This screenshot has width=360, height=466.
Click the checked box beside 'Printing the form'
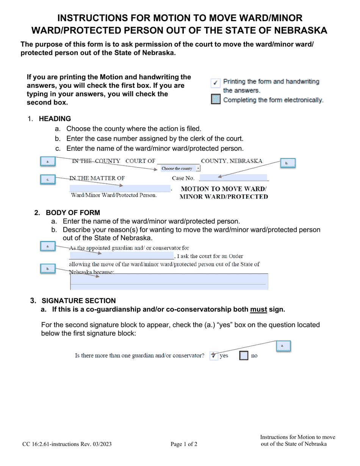tap(215, 83)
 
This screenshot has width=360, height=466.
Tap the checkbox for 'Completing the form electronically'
tap(215, 100)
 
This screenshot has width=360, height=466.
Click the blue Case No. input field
tap(233, 178)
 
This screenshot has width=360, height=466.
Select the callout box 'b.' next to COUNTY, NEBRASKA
tap(288, 163)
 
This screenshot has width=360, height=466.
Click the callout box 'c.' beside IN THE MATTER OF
tap(48, 179)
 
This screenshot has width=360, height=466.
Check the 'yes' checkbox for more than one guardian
tap(214, 356)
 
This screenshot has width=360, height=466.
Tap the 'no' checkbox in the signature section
tap(244, 356)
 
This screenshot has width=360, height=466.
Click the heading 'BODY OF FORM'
tap(73, 213)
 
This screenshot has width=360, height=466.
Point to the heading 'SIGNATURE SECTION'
tap(78, 301)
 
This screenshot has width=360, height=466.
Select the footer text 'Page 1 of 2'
tap(184, 444)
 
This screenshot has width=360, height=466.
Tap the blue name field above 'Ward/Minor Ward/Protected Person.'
tap(120, 188)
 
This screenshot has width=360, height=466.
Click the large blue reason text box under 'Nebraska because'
tap(169, 282)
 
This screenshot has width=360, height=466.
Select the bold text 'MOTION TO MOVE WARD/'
tap(224, 189)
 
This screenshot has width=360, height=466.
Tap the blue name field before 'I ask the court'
tap(121, 256)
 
